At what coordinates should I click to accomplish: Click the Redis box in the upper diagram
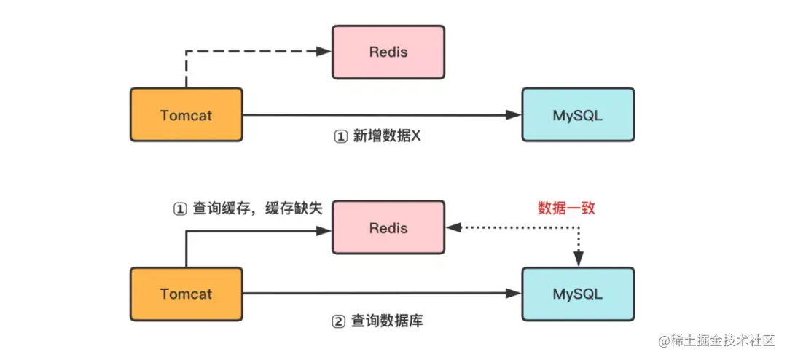coord(388,52)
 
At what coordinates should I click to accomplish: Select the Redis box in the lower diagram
coord(388,228)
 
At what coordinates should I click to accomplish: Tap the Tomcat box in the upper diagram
coord(187,115)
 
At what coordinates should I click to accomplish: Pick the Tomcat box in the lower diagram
coord(187,294)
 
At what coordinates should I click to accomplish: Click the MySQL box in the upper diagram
coord(578,115)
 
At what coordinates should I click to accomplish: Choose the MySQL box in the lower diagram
coord(578,294)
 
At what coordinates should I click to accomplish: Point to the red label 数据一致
coord(567,208)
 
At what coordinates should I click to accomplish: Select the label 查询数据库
coord(386,321)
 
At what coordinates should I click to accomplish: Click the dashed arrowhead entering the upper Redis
coord(324,50)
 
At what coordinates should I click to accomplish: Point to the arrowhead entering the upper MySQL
coord(514,115)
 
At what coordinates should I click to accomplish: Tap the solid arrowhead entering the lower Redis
coord(324,230)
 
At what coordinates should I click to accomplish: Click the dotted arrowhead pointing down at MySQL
coord(579,259)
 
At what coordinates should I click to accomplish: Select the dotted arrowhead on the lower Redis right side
coord(454,227)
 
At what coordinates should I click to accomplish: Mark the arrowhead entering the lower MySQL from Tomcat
coord(514,293)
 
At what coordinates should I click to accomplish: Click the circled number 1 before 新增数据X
coord(340,136)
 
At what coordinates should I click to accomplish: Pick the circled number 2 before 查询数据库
coord(339,321)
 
